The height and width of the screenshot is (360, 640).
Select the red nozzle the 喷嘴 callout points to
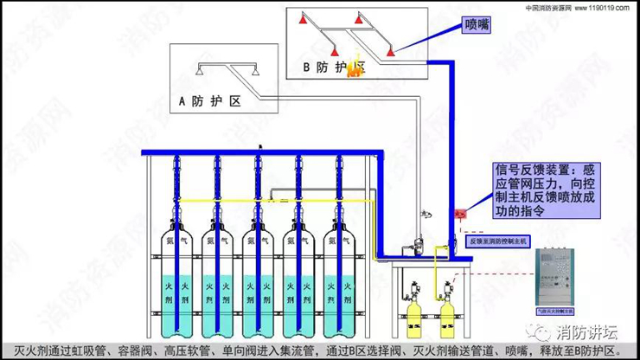click(x=392, y=53)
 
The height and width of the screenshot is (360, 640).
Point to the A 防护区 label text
click(x=208, y=102)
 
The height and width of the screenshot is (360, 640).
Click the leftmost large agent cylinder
click(x=177, y=277)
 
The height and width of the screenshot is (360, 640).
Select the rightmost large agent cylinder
click(x=340, y=277)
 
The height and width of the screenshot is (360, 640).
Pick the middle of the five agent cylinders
click(x=259, y=277)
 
